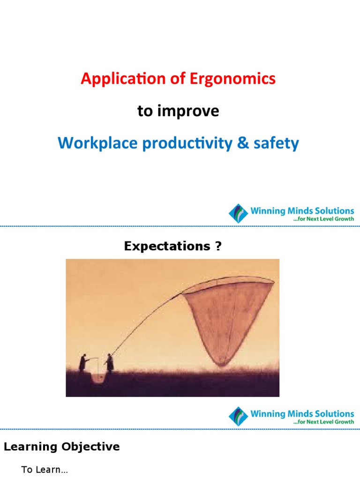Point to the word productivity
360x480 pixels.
coord(188,143)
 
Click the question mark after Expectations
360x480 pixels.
coord(218,247)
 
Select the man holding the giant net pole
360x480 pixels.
coord(110,362)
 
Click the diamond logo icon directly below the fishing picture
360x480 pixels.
coord(238,417)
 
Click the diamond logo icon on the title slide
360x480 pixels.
coord(238,213)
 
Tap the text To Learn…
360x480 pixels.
coord(45,470)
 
